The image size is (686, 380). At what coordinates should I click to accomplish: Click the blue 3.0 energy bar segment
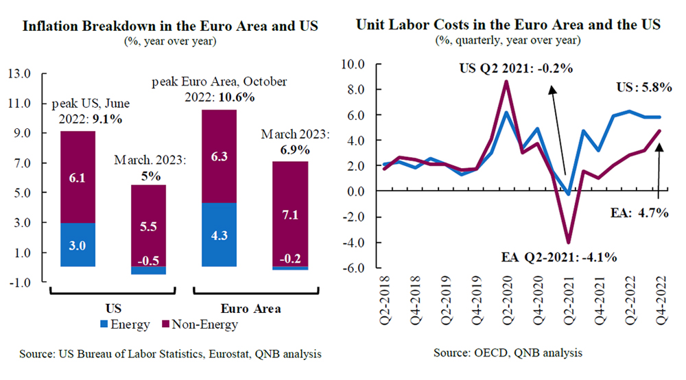pos(78,245)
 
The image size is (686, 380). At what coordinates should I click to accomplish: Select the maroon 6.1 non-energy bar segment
pos(78,177)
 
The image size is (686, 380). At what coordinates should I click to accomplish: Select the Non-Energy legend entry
pos(200,324)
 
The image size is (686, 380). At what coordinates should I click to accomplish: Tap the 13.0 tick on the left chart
pos(20,73)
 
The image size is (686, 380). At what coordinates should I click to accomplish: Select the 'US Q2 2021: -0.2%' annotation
pos(515,69)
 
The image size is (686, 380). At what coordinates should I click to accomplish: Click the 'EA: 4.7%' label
pos(639,213)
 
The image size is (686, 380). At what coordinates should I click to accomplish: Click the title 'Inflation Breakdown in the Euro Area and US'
pos(171,27)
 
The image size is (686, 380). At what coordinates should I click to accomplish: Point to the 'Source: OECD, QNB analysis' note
pos(508,353)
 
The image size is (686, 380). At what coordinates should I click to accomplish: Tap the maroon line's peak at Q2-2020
pos(506,82)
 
